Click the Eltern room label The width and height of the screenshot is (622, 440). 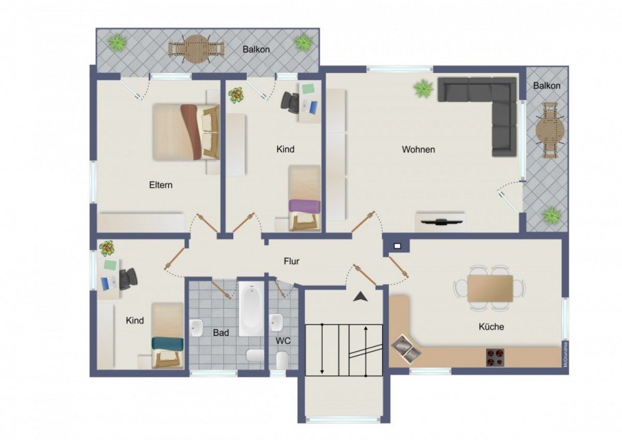(162, 185)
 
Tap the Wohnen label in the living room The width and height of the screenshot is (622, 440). (418, 149)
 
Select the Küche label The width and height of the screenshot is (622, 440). (491, 326)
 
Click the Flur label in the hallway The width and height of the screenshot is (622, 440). (291, 261)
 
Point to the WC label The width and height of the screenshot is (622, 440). (283, 341)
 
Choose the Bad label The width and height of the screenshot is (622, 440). (221, 333)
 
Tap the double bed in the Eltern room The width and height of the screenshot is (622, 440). (185, 132)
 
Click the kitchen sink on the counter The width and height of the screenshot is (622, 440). (406, 348)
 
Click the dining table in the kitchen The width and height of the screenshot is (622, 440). (491, 287)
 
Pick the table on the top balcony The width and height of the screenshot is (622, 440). (196, 48)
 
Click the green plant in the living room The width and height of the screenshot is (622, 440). (424, 87)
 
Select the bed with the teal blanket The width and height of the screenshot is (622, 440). (166, 335)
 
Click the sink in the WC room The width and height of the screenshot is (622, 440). (277, 321)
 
